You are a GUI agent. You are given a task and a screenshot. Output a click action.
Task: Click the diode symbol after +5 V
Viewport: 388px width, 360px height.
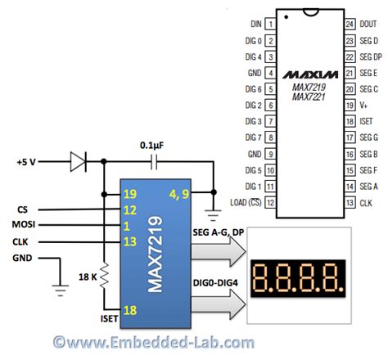[x=79, y=162]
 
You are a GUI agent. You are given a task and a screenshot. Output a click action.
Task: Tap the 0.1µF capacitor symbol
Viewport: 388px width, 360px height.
[x=154, y=162]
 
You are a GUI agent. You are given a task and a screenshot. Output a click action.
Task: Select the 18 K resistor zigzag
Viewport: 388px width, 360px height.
[x=104, y=276]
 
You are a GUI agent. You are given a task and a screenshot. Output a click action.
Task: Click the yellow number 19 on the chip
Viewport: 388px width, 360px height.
[x=130, y=194]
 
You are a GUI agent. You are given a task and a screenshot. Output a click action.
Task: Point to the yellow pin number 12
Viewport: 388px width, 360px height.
[x=130, y=210]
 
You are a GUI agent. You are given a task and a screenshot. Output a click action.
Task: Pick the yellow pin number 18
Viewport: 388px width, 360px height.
[x=130, y=310]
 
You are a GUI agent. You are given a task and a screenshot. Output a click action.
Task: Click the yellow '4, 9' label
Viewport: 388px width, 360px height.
[x=179, y=194]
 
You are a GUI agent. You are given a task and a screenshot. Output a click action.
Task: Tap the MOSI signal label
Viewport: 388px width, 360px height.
[x=24, y=224]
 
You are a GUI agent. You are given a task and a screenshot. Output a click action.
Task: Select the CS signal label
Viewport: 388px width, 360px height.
[x=22, y=209]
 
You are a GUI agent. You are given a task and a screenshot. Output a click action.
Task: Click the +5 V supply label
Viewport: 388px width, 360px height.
[x=26, y=162]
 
